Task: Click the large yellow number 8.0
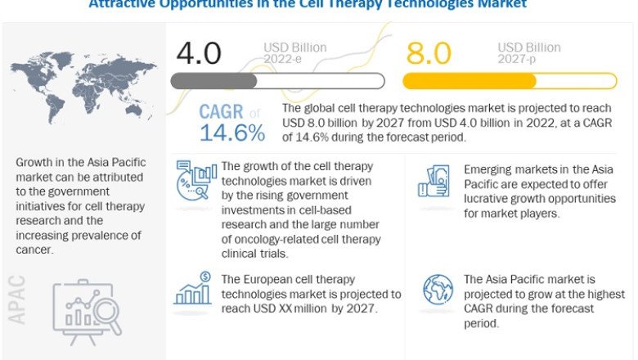point(429,53)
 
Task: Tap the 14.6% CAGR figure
point(232,132)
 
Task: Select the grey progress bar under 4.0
point(276,80)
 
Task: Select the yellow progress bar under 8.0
point(509,80)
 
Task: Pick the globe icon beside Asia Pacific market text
point(438,290)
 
